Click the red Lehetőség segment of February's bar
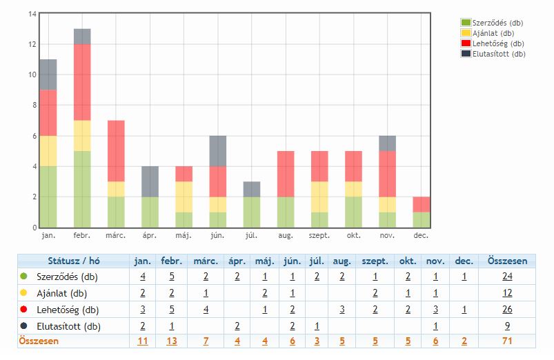pos(82,82)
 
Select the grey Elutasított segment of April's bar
pos(150,181)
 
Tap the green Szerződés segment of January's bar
pos(48,197)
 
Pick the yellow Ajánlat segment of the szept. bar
pos(319,197)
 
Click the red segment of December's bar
pos(420,204)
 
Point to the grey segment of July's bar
pos(251,189)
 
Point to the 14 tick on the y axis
pos(31,14)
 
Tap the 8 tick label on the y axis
pos(32,106)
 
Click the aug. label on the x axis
pos(285,236)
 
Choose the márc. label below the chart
pos(116,236)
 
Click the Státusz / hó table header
pos(74,261)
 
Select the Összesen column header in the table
pos(507,261)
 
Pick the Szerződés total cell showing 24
pos(507,277)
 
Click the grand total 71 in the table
pos(507,341)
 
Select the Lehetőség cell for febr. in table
pos(171,310)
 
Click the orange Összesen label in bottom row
pos(39,341)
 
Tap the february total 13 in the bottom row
pos(171,341)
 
